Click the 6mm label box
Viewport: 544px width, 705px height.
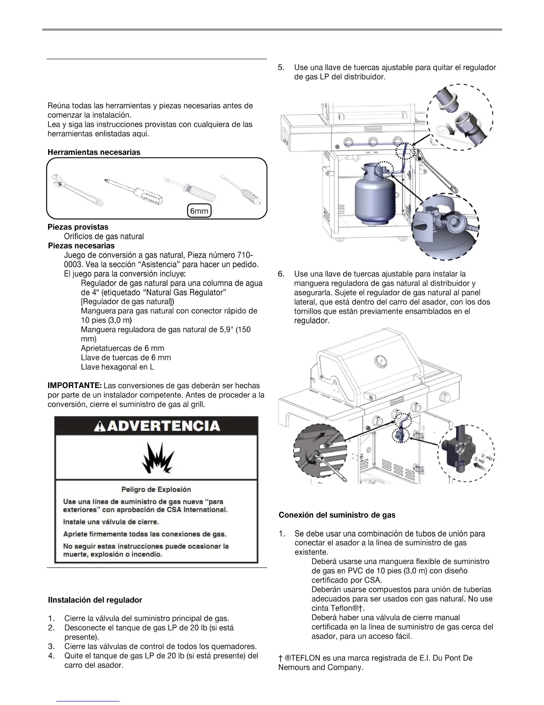[199, 211]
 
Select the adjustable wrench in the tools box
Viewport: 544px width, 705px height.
[77, 190]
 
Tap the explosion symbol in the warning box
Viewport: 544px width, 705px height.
[156, 458]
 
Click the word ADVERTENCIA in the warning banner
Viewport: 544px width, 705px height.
[163, 426]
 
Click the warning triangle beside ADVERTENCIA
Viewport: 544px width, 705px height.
[100, 426]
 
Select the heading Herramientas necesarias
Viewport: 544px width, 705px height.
[94, 152]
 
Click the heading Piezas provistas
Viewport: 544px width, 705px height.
[78, 227]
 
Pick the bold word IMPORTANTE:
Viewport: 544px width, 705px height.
[75, 385]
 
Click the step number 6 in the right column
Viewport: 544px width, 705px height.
[281, 274]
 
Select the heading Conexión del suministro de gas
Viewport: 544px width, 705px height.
[337, 515]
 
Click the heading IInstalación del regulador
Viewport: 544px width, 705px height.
[95, 600]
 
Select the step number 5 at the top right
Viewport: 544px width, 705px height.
[281, 68]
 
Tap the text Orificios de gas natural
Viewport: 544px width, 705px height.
[104, 236]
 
